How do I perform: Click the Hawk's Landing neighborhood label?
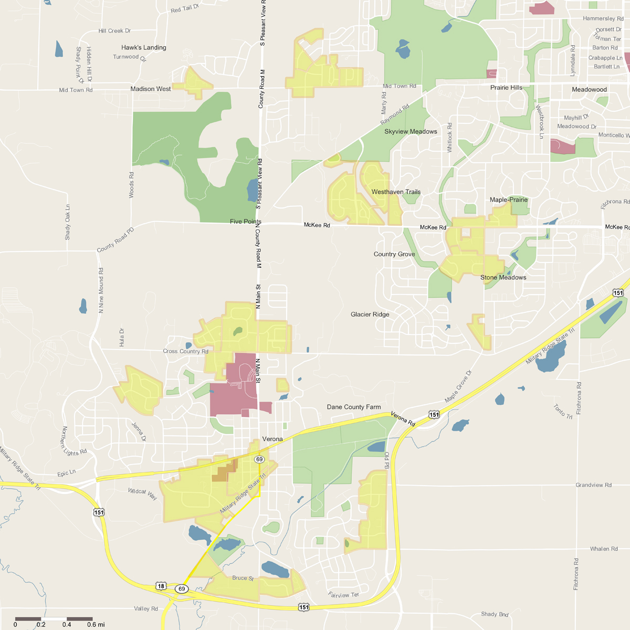[144, 47]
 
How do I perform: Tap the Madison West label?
[151, 89]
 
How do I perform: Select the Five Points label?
[245, 222]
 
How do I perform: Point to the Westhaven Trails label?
[396, 192]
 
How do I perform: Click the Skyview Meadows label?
[411, 132]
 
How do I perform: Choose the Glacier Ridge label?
[370, 314]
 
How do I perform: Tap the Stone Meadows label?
[503, 278]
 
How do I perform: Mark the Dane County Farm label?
[354, 407]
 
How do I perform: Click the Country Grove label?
[394, 254]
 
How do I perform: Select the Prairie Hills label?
[506, 88]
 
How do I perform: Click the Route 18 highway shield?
[161, 586]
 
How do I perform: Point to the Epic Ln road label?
[67, 474]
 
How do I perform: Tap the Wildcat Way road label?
[142, 493]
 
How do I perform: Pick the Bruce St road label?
[243, 578]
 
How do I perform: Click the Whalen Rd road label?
[604, 549]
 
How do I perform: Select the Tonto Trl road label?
[563, 412]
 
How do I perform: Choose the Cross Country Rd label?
[185, 351]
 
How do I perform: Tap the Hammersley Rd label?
[603, 19]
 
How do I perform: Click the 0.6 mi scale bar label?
[96, 625]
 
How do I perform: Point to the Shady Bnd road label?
[495, 614]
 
